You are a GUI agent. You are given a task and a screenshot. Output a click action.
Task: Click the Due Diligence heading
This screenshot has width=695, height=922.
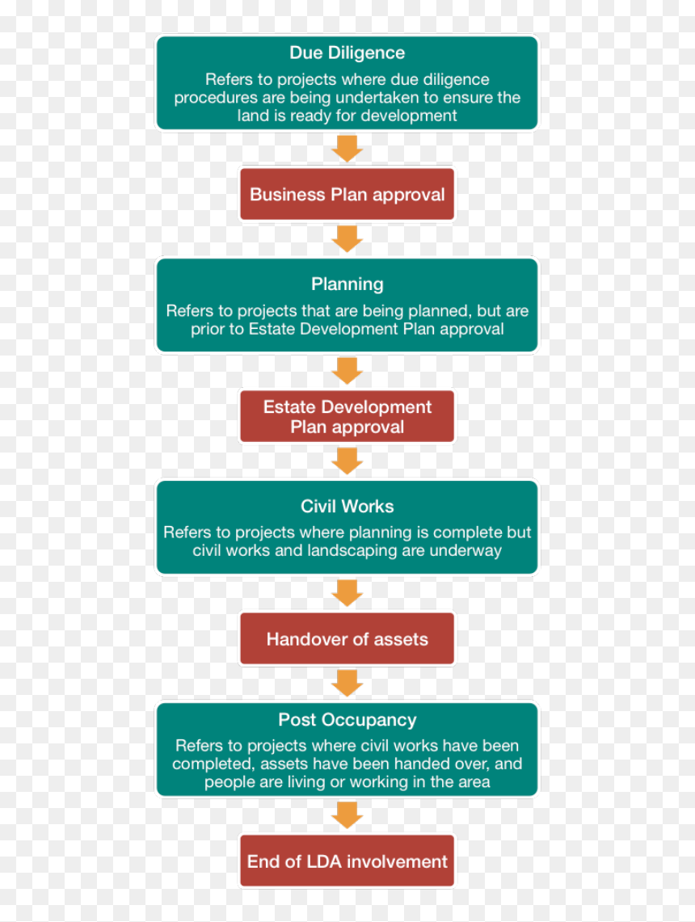coord(347,53)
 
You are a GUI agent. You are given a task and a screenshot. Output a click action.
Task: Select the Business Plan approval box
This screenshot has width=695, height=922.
coord(347,194)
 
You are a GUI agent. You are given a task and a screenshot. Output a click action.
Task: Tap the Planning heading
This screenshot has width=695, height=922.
coord(347,284)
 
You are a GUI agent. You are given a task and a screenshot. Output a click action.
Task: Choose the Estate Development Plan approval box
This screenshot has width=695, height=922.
coord(347,416)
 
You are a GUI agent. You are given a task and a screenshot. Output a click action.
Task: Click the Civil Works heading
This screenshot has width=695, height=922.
coord(347,507)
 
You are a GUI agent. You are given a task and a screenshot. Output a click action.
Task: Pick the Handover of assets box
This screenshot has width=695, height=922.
coord(347,638)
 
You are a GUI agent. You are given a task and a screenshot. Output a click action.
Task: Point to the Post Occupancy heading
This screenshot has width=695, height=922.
coord(347,720)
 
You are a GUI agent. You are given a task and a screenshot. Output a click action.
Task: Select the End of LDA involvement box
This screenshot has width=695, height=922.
coord(347,861)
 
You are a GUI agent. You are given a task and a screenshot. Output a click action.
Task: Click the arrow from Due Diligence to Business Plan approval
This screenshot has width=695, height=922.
coord(347,149)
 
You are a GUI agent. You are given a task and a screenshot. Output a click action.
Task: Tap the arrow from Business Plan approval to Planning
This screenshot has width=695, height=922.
coord(347,239)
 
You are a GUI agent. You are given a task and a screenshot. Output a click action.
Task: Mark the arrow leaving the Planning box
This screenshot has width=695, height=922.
coord(347,371)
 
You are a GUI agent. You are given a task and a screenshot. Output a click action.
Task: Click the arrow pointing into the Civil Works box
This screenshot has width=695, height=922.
coord(347,461)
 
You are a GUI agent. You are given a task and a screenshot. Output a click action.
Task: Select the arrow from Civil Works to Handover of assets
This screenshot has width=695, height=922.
coord(347,593)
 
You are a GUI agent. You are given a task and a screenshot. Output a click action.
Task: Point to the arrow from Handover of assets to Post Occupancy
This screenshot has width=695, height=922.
coord(347,684)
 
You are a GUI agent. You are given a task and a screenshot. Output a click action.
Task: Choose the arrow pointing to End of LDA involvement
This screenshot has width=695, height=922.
coord(347,815)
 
